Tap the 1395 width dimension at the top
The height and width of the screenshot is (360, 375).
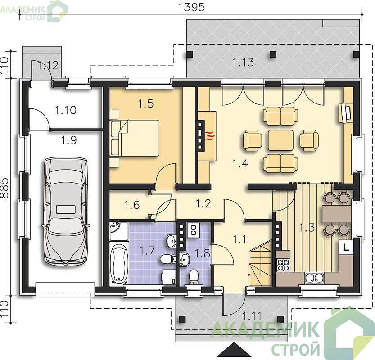click(x=192, y=7)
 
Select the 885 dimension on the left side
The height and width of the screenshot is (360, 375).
click(x=5, y=188)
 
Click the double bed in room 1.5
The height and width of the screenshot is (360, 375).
click(x=135, y=138)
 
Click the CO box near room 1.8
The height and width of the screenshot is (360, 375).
click(x=193, y=230)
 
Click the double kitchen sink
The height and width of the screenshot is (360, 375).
click(x=314, y=278)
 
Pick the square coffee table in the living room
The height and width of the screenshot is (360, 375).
click(x=280, y=140)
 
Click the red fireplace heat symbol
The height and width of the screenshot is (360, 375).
click(x=209, y=136)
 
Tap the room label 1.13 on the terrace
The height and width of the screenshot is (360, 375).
click(x=243, y=63)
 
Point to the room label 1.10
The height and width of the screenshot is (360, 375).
click(x=66, y=110)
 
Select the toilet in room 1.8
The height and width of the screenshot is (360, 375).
click(x=193, y=277)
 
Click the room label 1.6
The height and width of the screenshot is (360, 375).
click(x=132, y=205)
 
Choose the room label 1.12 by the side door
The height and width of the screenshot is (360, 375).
click(x=48, y=65)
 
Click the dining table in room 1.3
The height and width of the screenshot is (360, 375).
click(x=337, y=214)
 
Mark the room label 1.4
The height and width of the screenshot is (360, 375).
click(x=240, y=164)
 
